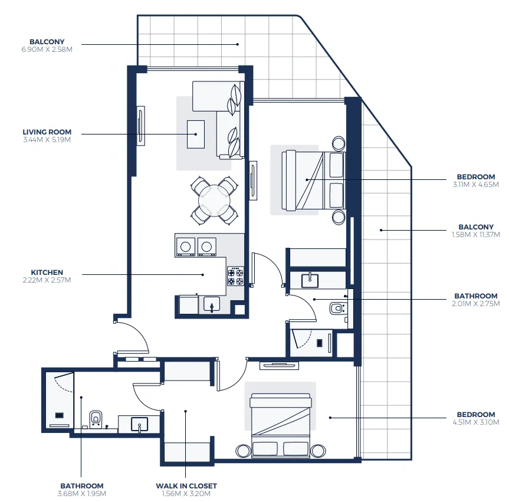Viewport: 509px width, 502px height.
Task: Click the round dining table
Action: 214,201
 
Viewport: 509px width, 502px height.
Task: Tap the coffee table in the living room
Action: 196,134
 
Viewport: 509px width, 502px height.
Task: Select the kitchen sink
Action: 211,304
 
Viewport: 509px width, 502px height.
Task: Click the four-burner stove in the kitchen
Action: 236,276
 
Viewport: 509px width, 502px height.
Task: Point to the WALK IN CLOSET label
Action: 186,486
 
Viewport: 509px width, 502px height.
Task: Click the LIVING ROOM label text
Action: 47,132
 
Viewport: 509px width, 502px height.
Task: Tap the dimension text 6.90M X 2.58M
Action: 47,50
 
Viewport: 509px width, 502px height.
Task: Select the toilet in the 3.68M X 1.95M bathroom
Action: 96,419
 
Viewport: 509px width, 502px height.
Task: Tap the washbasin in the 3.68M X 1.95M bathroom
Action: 139,424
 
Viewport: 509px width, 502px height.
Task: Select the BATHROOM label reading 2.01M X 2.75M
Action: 475,296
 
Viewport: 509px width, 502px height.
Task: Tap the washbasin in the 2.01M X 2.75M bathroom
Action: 309,279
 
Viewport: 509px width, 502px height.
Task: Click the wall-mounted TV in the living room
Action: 140,125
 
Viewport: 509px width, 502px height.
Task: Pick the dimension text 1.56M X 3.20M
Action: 186,494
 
